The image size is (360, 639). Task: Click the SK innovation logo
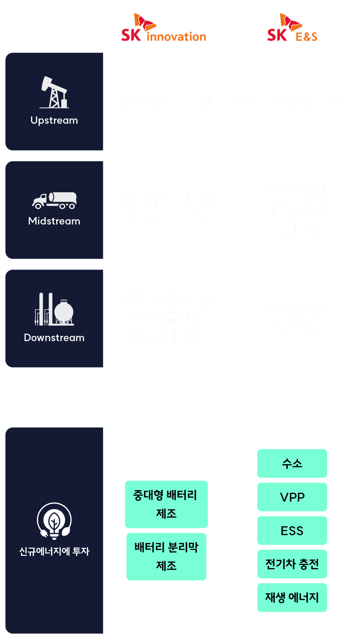point(163,29)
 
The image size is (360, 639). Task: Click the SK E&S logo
point(292,29)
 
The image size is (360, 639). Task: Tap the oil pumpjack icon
point(54,92)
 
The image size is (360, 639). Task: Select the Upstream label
point(54,120)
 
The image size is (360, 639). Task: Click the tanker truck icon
point(54,201)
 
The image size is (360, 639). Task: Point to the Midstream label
point(54,221)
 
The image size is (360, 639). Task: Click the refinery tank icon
point(54,309)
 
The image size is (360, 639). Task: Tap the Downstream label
point(54,338)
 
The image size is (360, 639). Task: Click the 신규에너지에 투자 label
point(54,551)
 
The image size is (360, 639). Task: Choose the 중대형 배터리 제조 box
point(166,504)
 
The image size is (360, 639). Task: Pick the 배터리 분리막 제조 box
point(166,556)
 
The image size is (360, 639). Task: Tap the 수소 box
point(292,463)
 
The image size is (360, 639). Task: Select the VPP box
point(292,497)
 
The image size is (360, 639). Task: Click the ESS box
point(292,531)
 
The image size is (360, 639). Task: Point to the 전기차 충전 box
point(292,564)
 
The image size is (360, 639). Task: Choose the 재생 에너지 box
point(292,598)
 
